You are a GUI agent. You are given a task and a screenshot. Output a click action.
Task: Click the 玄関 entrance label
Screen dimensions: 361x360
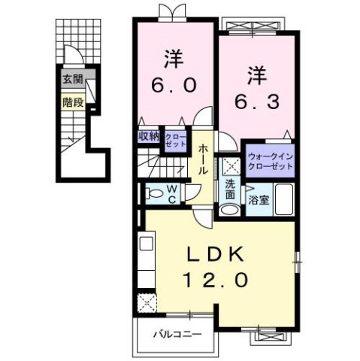coord(72,79)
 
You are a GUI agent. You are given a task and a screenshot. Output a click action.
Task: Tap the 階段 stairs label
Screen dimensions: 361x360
coord(72,99)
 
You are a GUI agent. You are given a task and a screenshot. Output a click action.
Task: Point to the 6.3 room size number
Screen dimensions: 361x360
coord(257,99)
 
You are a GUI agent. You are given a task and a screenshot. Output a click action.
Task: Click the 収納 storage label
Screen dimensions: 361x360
coord(148,136)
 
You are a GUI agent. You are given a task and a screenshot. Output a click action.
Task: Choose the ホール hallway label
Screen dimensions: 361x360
coord(203,160)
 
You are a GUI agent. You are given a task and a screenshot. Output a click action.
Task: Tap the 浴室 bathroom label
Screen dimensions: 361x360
coord(257,201)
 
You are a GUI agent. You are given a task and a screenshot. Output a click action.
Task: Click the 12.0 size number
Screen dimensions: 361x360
coord(213,280)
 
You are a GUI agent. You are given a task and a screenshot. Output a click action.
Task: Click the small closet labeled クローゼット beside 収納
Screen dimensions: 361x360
coord(174,137)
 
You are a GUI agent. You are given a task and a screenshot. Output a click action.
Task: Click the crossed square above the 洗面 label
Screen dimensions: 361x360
coord(228,167)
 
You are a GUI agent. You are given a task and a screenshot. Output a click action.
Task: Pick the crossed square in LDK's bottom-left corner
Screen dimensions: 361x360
coord(147,302)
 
